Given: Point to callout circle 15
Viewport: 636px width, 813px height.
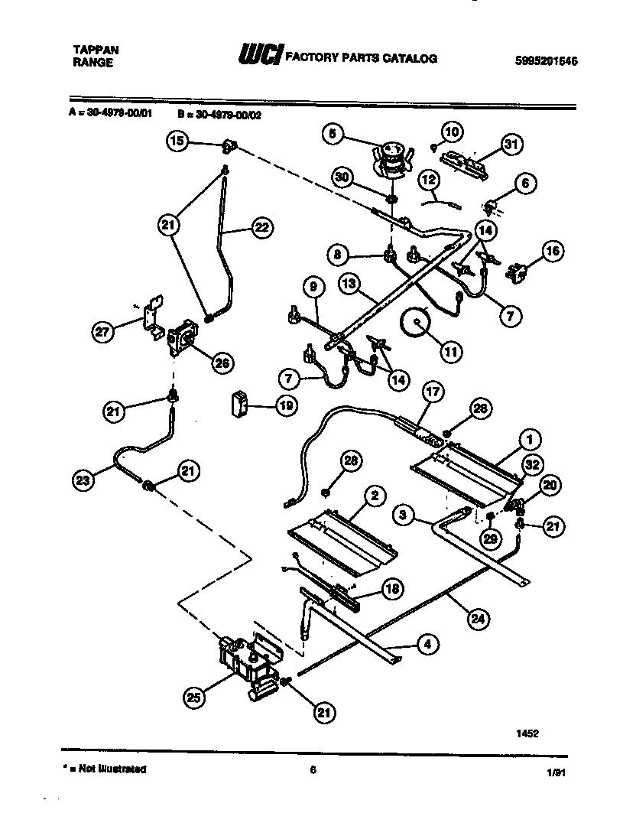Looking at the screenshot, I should click(177, 141).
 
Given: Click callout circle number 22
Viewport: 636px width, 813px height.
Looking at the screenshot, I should click(261, 226).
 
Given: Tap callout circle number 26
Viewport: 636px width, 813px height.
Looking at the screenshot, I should click(222, 363).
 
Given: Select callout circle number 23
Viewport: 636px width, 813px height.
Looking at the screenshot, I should click(83, 480).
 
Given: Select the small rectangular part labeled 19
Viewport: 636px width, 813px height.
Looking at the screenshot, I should click(241, 403).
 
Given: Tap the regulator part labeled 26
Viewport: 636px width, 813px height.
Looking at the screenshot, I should click(181, 338).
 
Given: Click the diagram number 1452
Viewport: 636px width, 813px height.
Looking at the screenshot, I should click(527, 732).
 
